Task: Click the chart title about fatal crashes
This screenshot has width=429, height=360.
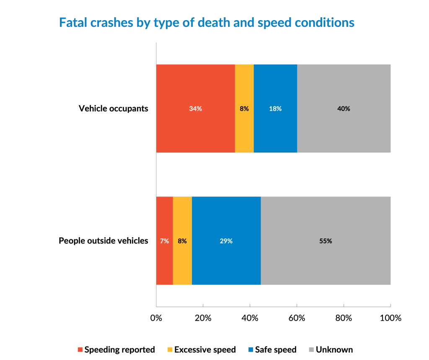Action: pyautogui.click(x=207, y=23)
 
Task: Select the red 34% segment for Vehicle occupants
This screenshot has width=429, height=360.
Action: pyautogui.click(x=195, y=109)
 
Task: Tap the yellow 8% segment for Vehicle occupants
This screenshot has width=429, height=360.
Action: pyautogui.click(x=244, y=109)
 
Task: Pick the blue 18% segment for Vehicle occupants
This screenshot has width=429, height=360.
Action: pyautogui.click(x=275, y=109)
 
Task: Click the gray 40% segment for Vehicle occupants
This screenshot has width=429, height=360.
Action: pyautogui.click(x=344, y=109)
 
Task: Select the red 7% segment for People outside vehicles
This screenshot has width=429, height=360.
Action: pyautogui.click(x=164, y=241)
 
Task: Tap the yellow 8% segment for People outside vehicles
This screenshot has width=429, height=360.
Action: pyautogui.click(x=182, y=241)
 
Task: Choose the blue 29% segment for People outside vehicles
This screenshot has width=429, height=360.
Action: pyautogui.click(x=226, y=241)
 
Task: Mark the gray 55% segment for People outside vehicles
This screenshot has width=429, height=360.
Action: pyautogui.click(x=326, y=241)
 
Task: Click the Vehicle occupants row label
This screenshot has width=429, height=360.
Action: pyautogui.click(x=114, y=109)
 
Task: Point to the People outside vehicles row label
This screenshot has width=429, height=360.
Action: pyautogui.click(x=103, y=241)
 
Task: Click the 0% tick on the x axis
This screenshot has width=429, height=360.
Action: pyautogui.click(x=156, y=318)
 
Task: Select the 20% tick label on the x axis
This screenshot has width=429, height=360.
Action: pyautogui.click(x=203, y=318)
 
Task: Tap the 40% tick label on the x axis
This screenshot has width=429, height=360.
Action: pyautogui.click(x=250, y=318)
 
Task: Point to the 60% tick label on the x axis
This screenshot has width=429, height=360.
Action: pyautogui.click(x=297, y=318)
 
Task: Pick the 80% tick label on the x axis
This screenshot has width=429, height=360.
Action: pyautogui.click(x=344, y=318)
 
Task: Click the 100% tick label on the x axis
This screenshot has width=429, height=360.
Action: pyautogui.click(x=390, y=318)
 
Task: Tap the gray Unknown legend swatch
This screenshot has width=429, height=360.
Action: pyautogui.click(x=312, y=350)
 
